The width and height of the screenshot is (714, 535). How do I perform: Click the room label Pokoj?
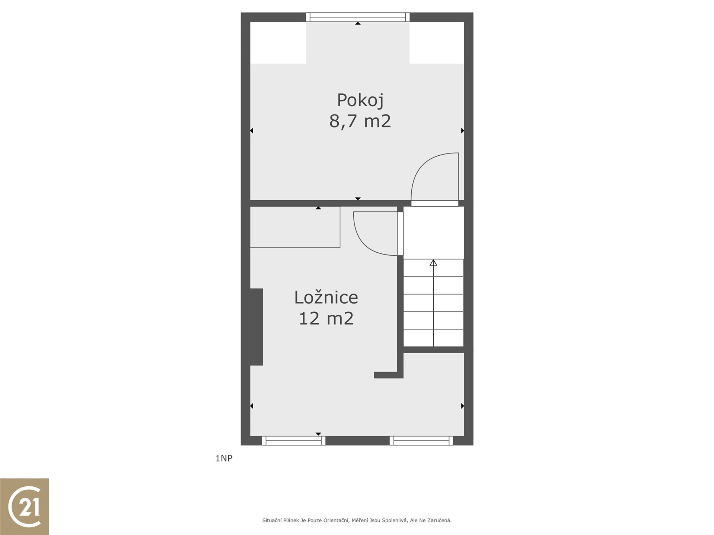click(x=360, y=100)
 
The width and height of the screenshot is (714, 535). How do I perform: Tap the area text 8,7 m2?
click(x=360, y=121)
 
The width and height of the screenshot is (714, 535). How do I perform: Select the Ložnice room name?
click(x=326, y=297)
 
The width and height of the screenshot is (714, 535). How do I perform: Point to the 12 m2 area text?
click(x=326, y=318)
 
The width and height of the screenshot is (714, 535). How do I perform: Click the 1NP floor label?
click(x=224, y=458)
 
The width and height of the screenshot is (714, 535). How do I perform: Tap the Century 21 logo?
click(x=25, y=506)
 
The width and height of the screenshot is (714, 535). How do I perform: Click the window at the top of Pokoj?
click(x=358, y=17)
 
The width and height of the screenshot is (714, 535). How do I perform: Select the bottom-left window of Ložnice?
click(x=294, y=441)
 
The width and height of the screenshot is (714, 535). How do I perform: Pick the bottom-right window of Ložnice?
click(x=421, y=441)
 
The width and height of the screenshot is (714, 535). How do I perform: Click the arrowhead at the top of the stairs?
click(x=433, y=263)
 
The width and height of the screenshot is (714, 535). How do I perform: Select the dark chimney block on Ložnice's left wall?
click(x=257, y=327)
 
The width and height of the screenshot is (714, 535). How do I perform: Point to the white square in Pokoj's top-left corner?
click(x=278, y=43)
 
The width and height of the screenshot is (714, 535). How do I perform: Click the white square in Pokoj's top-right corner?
click(x=437, y=43)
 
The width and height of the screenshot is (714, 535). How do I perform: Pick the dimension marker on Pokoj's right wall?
click(x=463, y=131)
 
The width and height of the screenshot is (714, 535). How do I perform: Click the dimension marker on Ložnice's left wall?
click(x=252, y=406)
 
